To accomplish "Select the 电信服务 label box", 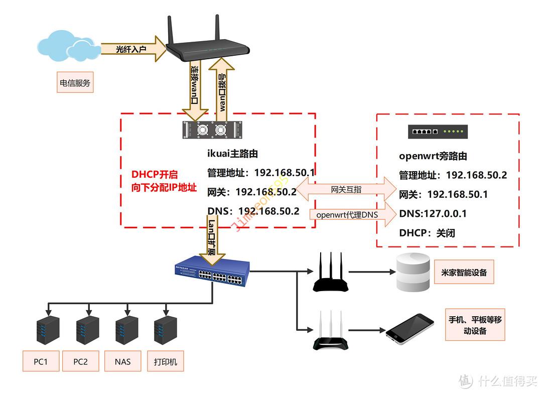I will tap(75, 83).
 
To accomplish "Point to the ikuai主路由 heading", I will tap(232, 154).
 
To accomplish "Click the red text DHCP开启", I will tap(155, 175).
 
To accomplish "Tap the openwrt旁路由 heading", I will tap(433, 156).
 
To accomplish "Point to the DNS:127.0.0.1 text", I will tap(433, 213).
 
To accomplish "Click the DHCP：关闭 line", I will tap(427, 233).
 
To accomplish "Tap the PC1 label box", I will tap(41, 361).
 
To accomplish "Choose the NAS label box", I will tap(122, 361).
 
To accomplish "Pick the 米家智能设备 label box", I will tap(460, 273).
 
